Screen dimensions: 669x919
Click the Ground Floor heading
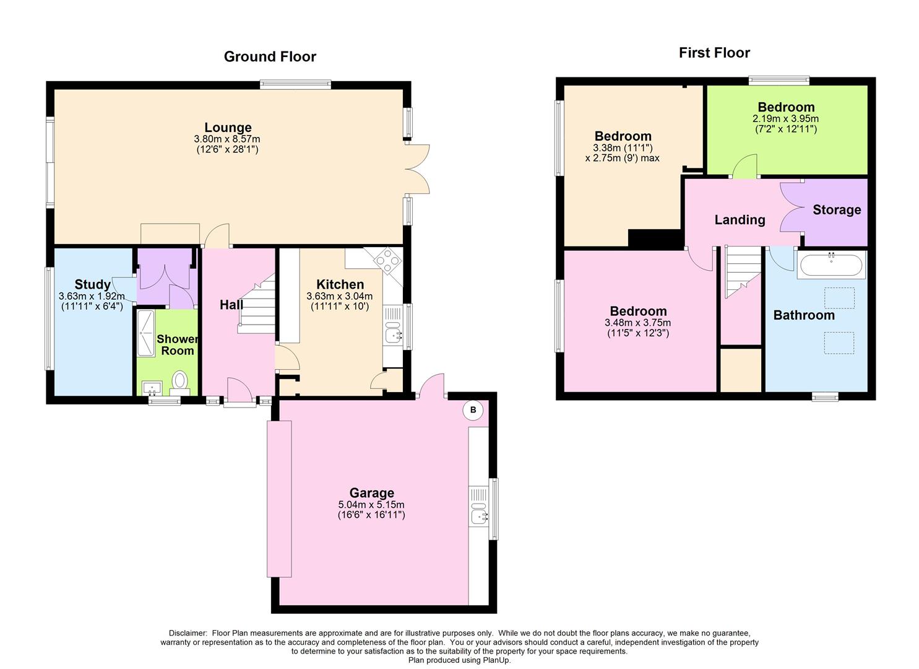tap(270, 57)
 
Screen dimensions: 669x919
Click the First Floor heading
tap(714, 53)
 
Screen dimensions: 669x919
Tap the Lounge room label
tap(228, 128)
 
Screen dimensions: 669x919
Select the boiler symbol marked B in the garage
tap(473, 410)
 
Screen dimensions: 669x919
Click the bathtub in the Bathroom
tap(831, 265)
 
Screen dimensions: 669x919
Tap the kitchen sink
tap(393, 335)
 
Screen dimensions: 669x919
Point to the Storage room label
tap(837, 210)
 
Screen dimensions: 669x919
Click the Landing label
tap(740, 220)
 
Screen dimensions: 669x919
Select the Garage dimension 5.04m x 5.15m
tap(371, 504)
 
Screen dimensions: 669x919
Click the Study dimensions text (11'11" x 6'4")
tap(92, 306)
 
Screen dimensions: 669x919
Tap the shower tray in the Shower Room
tap(146, 331)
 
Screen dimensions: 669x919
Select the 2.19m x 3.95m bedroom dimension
tap(785, 119)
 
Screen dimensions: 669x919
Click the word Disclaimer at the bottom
tap(188, 633)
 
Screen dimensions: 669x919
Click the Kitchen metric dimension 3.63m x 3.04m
tap(339, 297)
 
